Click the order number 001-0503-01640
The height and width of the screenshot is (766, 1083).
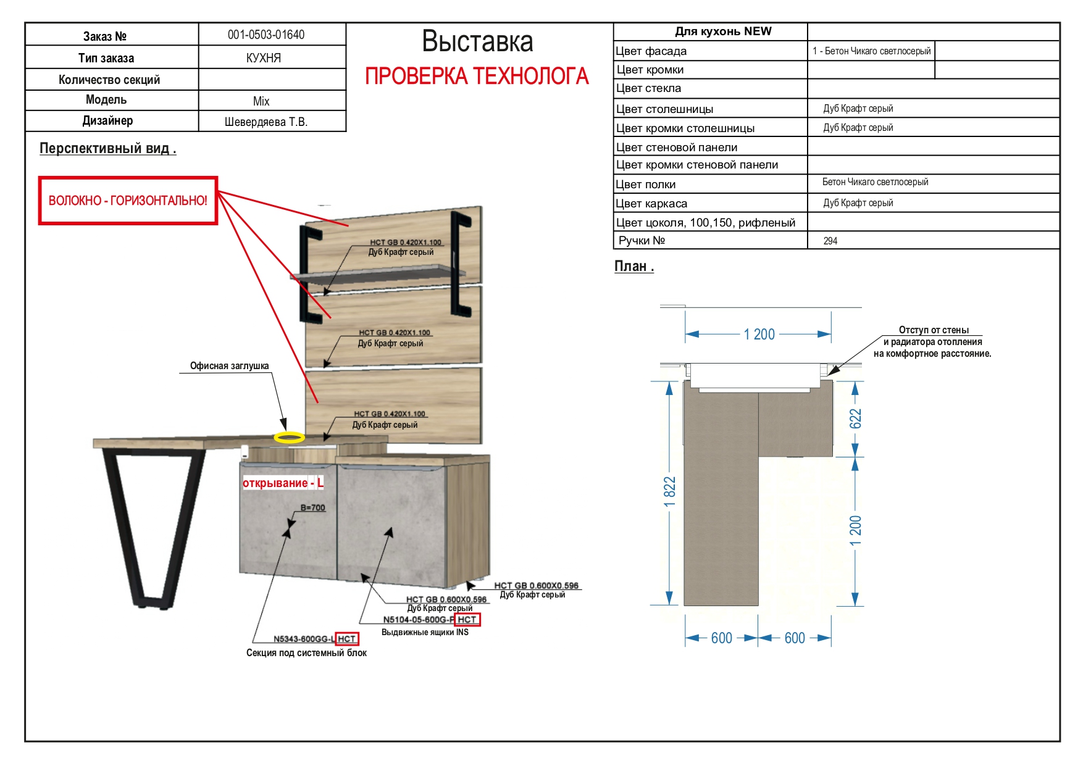[x=266, y=35]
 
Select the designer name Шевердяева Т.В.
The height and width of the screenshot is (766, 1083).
[x=266, y=122]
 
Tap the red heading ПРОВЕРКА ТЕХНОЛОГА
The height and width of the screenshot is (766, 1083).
[x=477, y=77]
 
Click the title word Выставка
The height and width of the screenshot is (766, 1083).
[x=477, y=41]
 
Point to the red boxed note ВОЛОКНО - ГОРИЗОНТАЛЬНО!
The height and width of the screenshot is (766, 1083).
[x=128, y=201]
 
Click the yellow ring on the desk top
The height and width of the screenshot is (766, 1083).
[x=289, y=438]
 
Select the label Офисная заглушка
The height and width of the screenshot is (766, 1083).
[x=229, y=366]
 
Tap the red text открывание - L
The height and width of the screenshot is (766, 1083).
[x=283, y=483]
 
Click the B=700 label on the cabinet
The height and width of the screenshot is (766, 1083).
[x=312, y=507]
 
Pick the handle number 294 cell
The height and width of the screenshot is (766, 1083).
[x=830, y=241]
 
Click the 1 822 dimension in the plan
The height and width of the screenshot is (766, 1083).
[x=669, y=492]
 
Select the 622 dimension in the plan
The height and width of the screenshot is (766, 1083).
[x=855, y=418]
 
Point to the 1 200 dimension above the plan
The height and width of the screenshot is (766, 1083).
[x=759, y=334]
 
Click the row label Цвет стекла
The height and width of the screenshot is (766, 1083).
[x=648, y=88]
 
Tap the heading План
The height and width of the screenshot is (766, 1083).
[x=633, y=267]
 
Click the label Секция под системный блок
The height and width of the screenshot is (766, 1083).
[x=306, y=652]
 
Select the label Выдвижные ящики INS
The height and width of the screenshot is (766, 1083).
[x=425, y=632]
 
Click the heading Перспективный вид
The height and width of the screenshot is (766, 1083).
[x=107, y=149]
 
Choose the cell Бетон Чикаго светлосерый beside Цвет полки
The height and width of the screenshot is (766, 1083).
[x=875, y=182]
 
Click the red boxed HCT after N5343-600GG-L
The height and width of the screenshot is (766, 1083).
[x=347, y=639]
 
